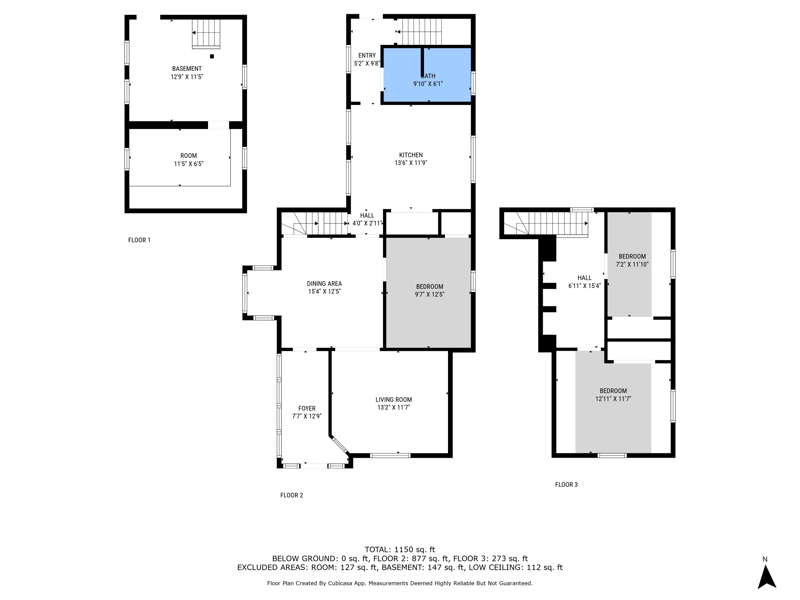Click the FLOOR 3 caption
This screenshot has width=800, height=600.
566,485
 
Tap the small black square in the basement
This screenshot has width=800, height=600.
212,56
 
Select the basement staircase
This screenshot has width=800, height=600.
206,33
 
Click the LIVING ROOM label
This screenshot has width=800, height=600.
394,400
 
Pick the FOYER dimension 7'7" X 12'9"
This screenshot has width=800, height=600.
307,416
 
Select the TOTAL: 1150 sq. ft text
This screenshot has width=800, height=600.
400,550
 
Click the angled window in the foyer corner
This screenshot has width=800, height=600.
340,445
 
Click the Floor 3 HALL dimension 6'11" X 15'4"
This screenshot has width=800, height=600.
585,286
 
